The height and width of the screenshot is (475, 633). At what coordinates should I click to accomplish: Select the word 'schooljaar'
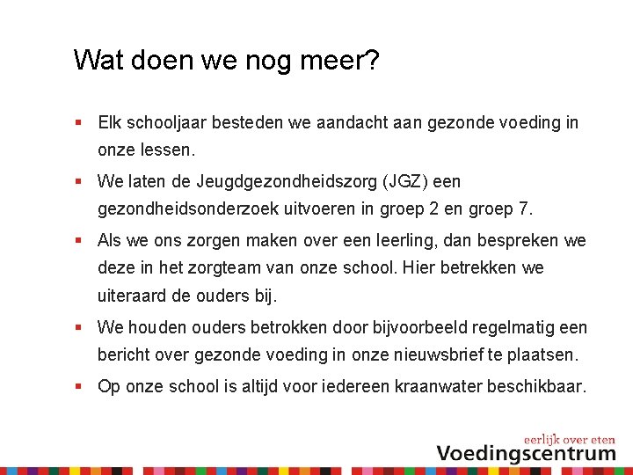point(169,123)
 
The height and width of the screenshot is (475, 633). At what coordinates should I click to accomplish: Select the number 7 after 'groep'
point(527,210)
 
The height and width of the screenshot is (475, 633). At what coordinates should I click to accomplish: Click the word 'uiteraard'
point(132,296)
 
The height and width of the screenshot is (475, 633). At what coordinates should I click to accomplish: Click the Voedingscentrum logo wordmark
point(526,453)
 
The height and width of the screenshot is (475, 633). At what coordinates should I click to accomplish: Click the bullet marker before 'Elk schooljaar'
point(78,123)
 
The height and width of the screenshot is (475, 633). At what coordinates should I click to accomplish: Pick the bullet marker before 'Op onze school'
point(78,386)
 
